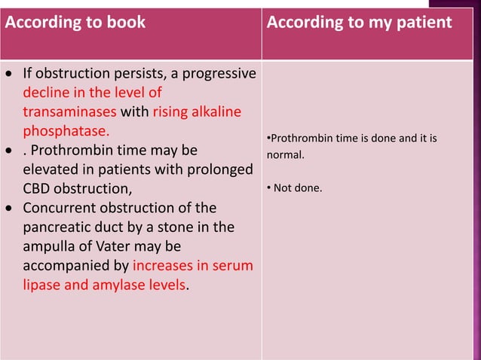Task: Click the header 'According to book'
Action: coord(75,23)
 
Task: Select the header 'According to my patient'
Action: coord(359,23)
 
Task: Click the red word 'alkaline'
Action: coord(218,112)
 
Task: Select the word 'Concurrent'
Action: coord(60,207)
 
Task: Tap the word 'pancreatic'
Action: coord(55,226)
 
